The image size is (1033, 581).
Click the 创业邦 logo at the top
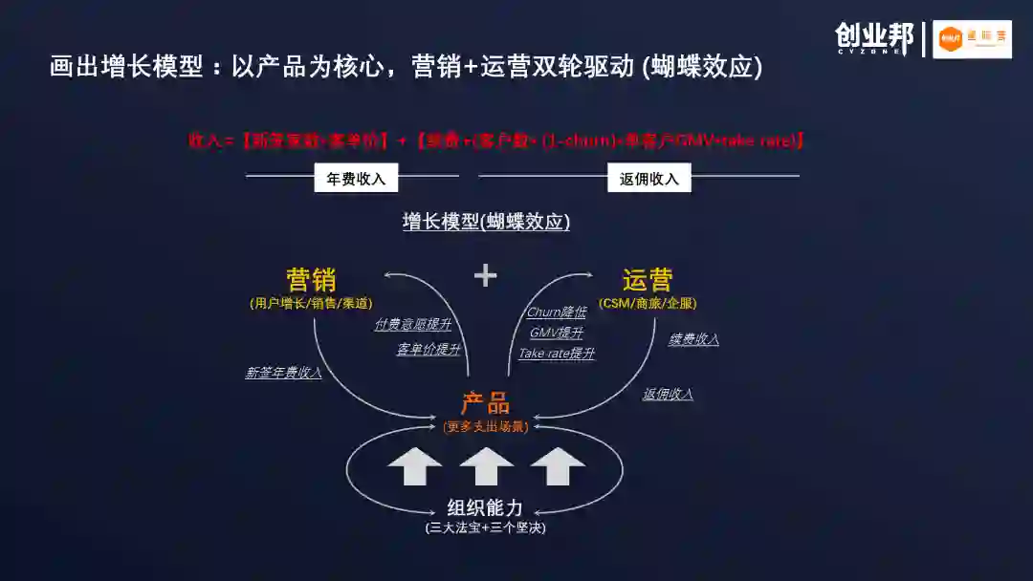(x=873, y=38)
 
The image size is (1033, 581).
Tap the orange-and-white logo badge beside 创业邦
(x=972, y=39)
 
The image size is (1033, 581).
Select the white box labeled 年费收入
(x=356, y=178)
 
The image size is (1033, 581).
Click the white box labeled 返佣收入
(x=648, y=178)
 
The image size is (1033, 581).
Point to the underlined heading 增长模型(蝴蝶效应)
(x=486, y=222)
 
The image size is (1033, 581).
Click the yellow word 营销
(x=312, y=280)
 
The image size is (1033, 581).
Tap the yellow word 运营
(x=648, y=280)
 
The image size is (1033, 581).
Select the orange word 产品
(x=486, y=402)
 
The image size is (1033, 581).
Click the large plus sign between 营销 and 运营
(x=486, y=275)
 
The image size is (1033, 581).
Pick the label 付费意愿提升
(x=412, y=325)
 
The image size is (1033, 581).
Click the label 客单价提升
(x=429, y=349)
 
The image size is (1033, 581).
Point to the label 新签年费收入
(x=283, y=373)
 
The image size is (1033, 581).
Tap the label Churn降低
(x=557, y=312)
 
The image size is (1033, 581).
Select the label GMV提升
(x=557, y=333)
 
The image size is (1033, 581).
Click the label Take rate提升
(x=557, y=354)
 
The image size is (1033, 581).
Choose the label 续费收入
(x=693, y=339)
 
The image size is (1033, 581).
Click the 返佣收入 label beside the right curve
(x=668, y=394)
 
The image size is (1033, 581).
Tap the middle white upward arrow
(x=486, y=465)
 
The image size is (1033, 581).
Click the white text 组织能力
(x=486, y=508)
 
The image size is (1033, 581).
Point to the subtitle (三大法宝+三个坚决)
(x=486, y=527)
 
